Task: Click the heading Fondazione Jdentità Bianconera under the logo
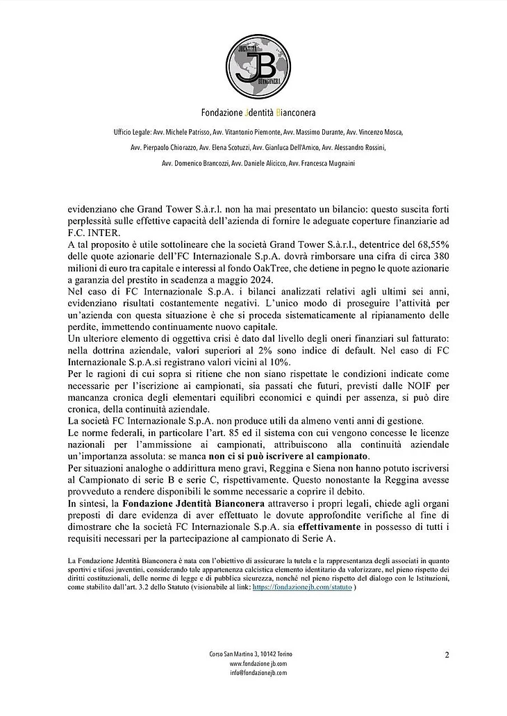click(253, 112)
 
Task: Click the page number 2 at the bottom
click(447, 654)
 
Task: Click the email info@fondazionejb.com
click(253, 672)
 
